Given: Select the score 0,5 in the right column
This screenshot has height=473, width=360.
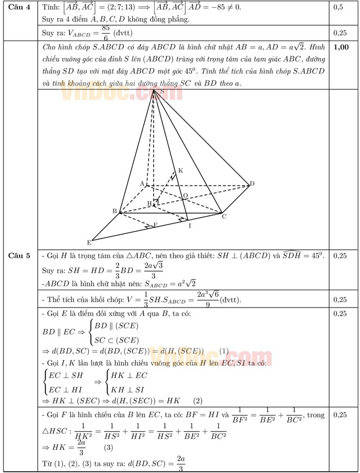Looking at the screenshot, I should (x=339, y=8).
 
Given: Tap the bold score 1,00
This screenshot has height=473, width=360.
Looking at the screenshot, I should (x=340, y=47).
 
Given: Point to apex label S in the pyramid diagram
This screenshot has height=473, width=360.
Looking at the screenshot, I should (x=162, y=91).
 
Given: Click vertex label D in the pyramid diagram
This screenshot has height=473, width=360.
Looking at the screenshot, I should (x=252, y=183).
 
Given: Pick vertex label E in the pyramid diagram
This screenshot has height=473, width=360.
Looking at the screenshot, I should (x=89, y=242).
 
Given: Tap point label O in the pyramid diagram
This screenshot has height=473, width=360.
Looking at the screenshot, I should (x=184, y=196).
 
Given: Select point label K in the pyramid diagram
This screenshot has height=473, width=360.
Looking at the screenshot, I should (x=181, y=170).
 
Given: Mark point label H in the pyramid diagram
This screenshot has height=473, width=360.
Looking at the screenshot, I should (x=149, y=203).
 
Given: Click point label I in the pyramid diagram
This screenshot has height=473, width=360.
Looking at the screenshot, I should (x=190, y=226).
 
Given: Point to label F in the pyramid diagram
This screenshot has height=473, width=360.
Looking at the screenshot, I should (x=155, y=225).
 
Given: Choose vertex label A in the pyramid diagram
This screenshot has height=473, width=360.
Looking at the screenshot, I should (x=142, y=183).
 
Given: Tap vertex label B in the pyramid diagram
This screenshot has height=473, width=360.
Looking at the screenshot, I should (x=114, y=211).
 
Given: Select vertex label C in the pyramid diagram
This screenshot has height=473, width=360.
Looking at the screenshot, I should (x=224, y=217).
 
